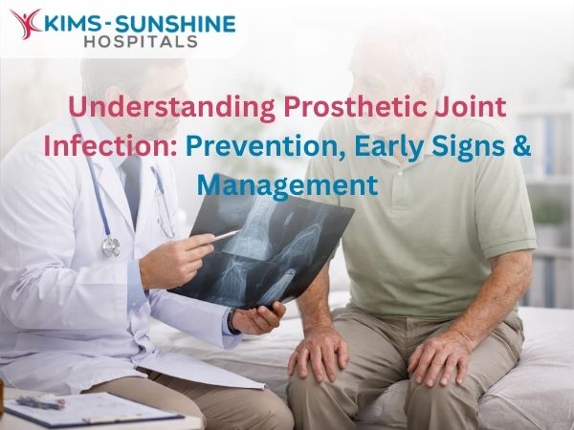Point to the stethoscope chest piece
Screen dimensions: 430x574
click(x=111, y=246)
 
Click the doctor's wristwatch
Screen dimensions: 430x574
click(x=232, y=321)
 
